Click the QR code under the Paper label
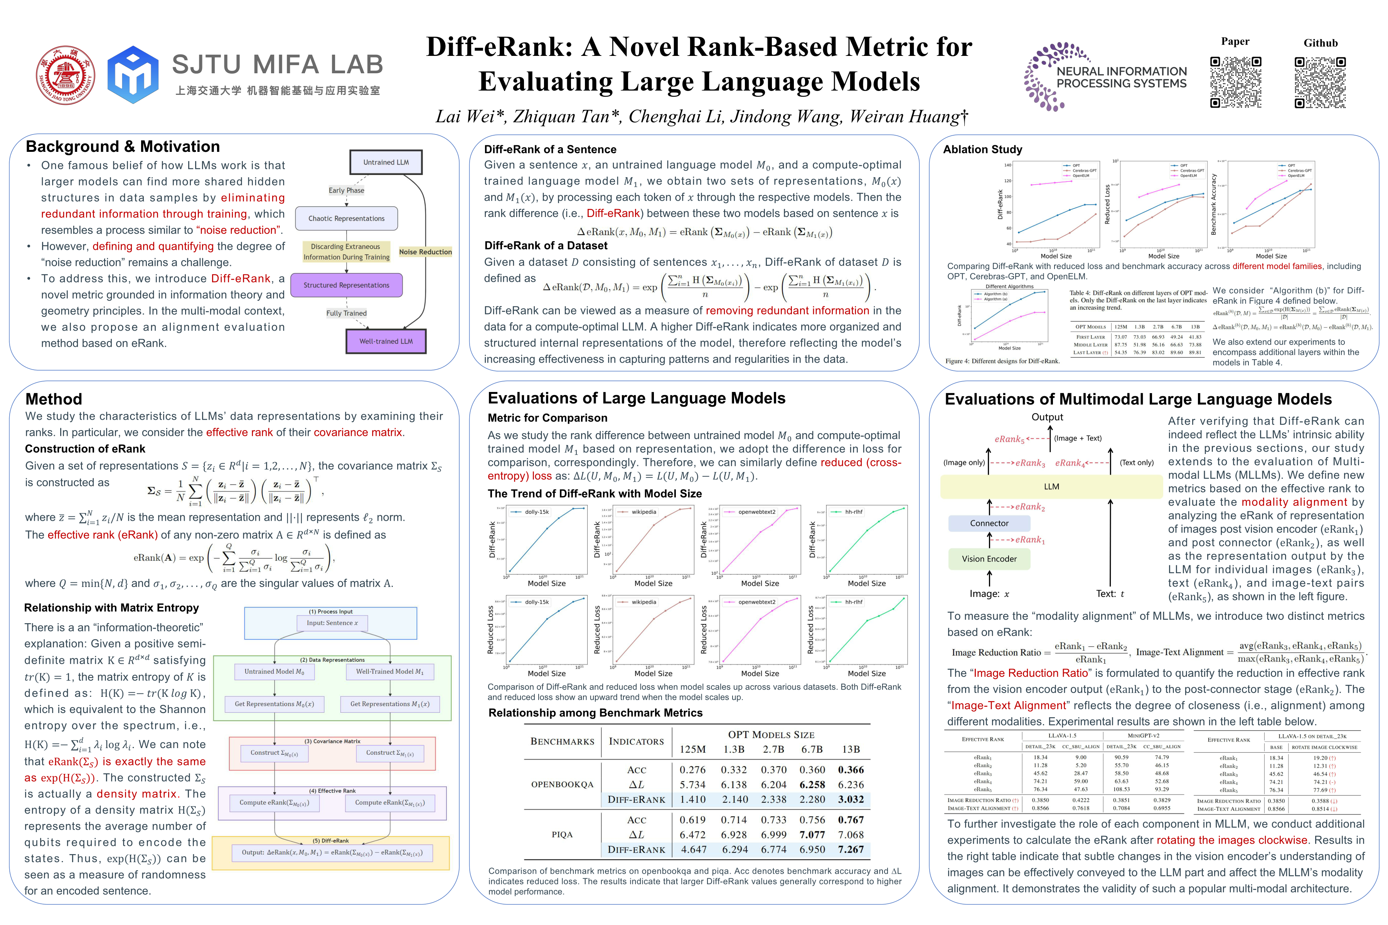coord(1235,82)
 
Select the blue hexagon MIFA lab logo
coord(133,75)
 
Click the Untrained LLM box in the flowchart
coord(386,162)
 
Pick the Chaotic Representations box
coord(346,218)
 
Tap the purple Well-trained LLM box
coord(386,341)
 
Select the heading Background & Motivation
coord(123,146)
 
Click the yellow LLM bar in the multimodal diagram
coord(1051,487)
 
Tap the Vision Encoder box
coord(989,558)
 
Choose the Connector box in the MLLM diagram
coord(989,523)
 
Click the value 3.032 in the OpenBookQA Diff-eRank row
coord(851,799)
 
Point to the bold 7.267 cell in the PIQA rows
coord(851,849)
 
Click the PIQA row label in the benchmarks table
coord(562,835)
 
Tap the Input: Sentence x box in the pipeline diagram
coord(332,623)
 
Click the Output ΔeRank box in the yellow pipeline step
coord(332,853)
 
